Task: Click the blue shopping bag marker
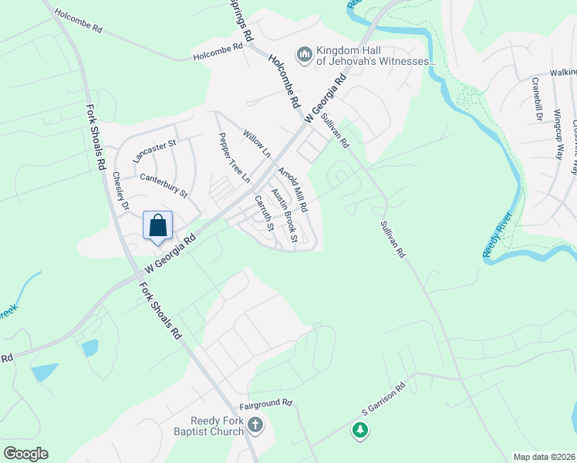(158, 227)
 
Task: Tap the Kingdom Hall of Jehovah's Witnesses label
(376, 56)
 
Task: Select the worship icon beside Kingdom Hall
(304, 55)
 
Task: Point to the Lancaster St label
(155, 150)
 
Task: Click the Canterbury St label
(164, 184)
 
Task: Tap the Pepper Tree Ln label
(235, 157)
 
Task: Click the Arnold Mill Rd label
(292, 190)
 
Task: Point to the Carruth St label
(265, 213)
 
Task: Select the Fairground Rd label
(266, 403)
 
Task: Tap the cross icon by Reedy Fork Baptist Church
(255, 424)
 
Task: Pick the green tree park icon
(359, 429)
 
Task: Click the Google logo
(25, 454)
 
